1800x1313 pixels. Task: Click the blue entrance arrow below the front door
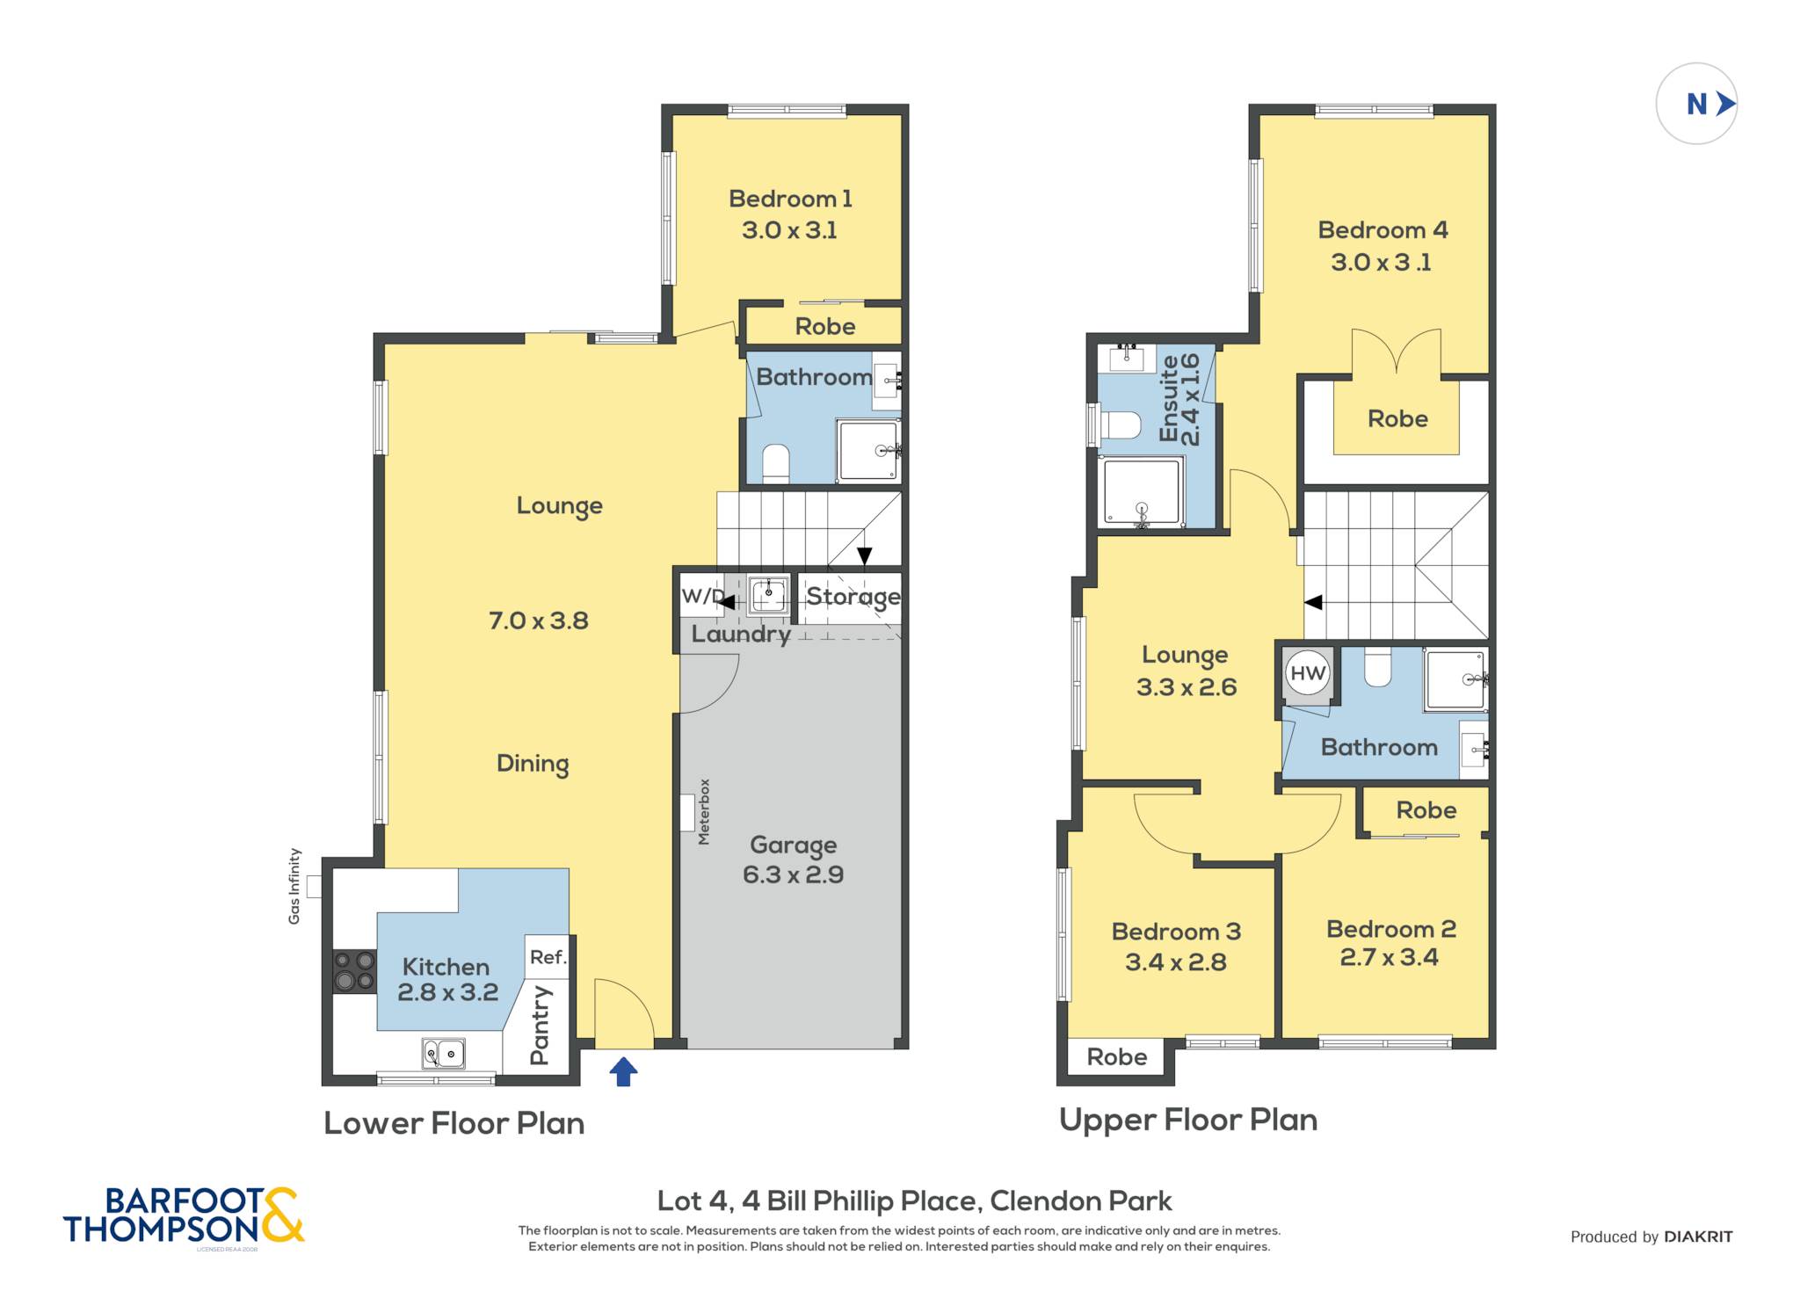[x=623, y=1071]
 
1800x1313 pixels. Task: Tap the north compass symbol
[x=1696, y=104]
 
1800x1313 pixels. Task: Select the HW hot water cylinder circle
[x=1307, y=673]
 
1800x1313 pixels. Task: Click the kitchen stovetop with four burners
[x=354, y=971]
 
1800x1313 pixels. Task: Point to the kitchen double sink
[x=444, y=1053]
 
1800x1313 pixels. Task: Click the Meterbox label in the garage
[x=704, y=812]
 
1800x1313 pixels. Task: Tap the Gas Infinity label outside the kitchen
[x=294, y=886]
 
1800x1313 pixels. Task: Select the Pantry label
[x=540, y=1025]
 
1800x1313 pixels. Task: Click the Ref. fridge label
[x=548, y=957]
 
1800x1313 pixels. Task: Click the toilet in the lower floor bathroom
[x=775, y=464]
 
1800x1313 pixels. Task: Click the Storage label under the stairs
[x=853, y=597]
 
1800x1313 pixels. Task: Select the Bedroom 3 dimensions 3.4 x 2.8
[x=1176, y=962]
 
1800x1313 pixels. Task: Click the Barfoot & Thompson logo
[x=184, y=1215]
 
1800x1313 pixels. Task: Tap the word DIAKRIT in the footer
[x=1698, y=1237]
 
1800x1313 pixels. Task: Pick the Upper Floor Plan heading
[x=1188, y=1120]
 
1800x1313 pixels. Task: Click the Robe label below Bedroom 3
[x=1117, y=1056]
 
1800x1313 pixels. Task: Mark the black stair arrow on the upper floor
[x=1313, y=603]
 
